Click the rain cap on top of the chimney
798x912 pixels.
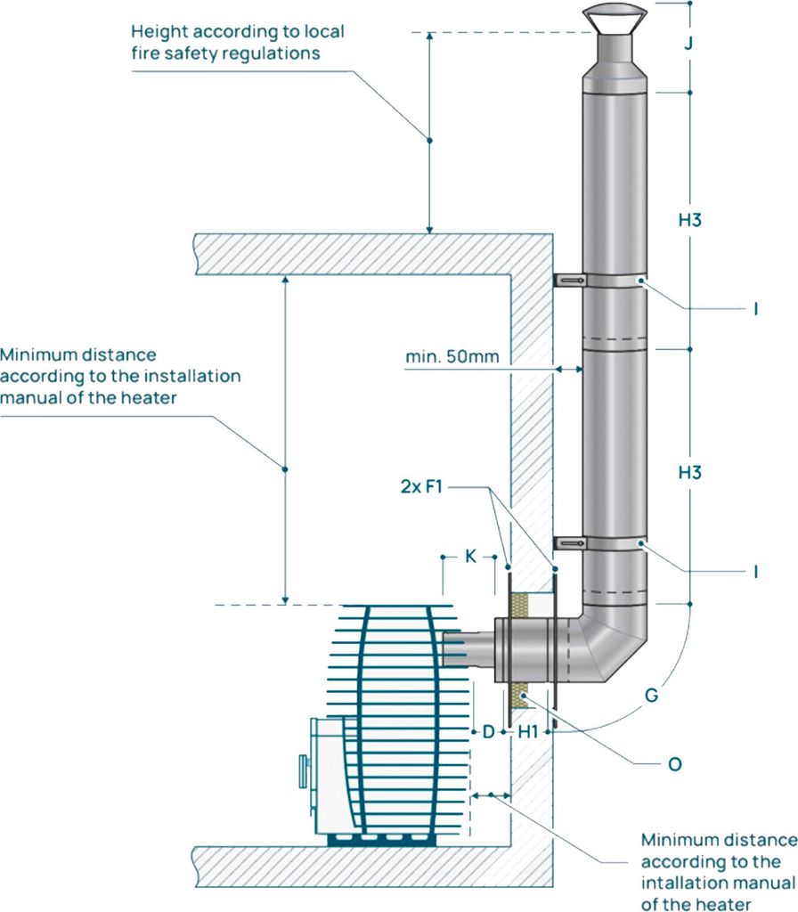click(x=615, y=16)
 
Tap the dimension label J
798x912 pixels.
click(x=688, y=43)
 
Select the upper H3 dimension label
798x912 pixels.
click(x=690, y=220)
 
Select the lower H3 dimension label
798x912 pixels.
click(x=690, y=472)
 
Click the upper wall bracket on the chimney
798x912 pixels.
click(x=569, y=281)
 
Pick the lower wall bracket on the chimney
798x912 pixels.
click(x=569, y=543)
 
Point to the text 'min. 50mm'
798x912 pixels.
click(x=452, y=356)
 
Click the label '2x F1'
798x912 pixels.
click(x=421, y=486)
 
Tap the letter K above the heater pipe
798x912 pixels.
click(x=470, y=557)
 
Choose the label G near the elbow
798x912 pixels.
click(x=651, y=695)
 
